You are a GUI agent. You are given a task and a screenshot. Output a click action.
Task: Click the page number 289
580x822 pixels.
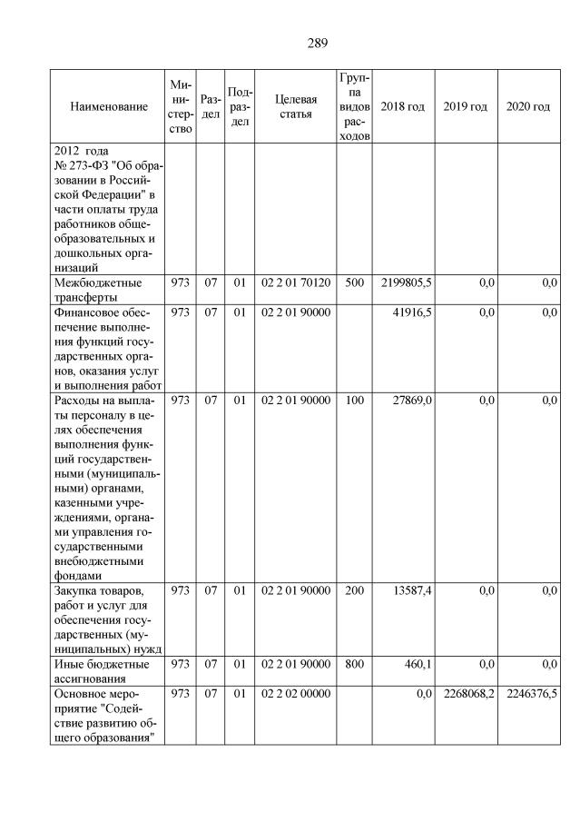tap(317, 43)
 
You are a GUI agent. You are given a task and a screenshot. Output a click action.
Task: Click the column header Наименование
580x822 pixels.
tap(109, 106)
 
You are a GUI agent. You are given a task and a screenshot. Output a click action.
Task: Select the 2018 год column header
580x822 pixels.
tap(402, 106)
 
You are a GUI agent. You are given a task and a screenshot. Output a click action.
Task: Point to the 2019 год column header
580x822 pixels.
tap(466, 106)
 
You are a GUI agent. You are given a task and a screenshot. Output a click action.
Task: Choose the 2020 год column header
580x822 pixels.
tap(528, 106)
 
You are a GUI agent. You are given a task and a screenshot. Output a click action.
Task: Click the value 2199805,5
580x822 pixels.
tap(406, 283)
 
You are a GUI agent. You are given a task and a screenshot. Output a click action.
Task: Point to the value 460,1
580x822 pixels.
tap(417, 664)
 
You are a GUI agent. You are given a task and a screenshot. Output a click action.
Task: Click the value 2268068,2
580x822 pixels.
tap(468, 693)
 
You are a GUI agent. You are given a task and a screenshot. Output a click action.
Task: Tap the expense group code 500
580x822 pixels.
tap(354, 283)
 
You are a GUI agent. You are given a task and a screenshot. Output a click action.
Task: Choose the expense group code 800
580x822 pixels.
tap(354, 664)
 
